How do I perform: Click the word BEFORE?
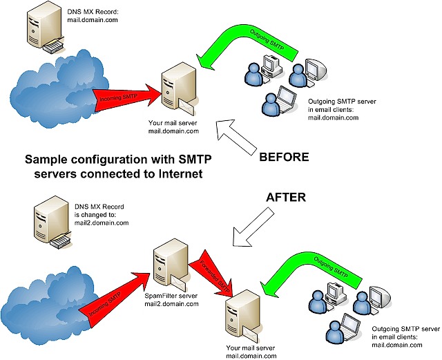[x=284, y=157]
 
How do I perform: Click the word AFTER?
[x=286, y=197]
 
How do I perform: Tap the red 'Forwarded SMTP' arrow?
[x=213, y=273]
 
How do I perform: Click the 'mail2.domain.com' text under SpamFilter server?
[x=171, y=304]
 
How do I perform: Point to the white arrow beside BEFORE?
[x=236, y=137]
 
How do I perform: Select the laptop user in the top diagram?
[x=279, y=101]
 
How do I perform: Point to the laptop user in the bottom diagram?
[x=343, y=328]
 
